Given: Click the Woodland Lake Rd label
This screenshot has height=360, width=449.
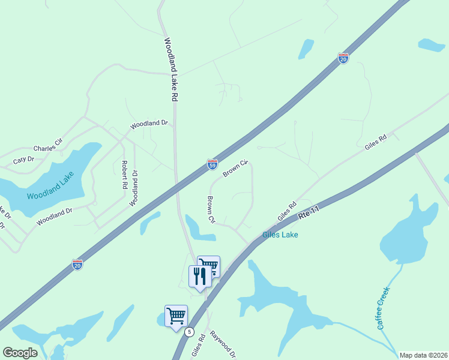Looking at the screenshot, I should click(171, 69).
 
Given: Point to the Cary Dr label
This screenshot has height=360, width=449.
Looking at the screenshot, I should click(23, 160).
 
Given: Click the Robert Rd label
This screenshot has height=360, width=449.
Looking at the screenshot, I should click(124, 175).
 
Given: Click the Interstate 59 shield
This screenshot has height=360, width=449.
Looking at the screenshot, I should click(212, 164).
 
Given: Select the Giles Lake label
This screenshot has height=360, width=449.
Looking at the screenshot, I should click(280, 235).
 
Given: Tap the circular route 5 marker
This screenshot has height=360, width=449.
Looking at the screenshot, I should click(190, 332).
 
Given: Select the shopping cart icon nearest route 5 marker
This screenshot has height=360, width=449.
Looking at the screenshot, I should click(176, 316).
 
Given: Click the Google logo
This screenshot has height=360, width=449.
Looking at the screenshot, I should click(20, 353).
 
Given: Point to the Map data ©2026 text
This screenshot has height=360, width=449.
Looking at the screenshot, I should click(423, 355).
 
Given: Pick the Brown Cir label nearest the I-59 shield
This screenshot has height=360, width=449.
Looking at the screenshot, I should click(235, 169).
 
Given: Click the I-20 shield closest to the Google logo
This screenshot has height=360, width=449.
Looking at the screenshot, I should click(77, 264).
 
